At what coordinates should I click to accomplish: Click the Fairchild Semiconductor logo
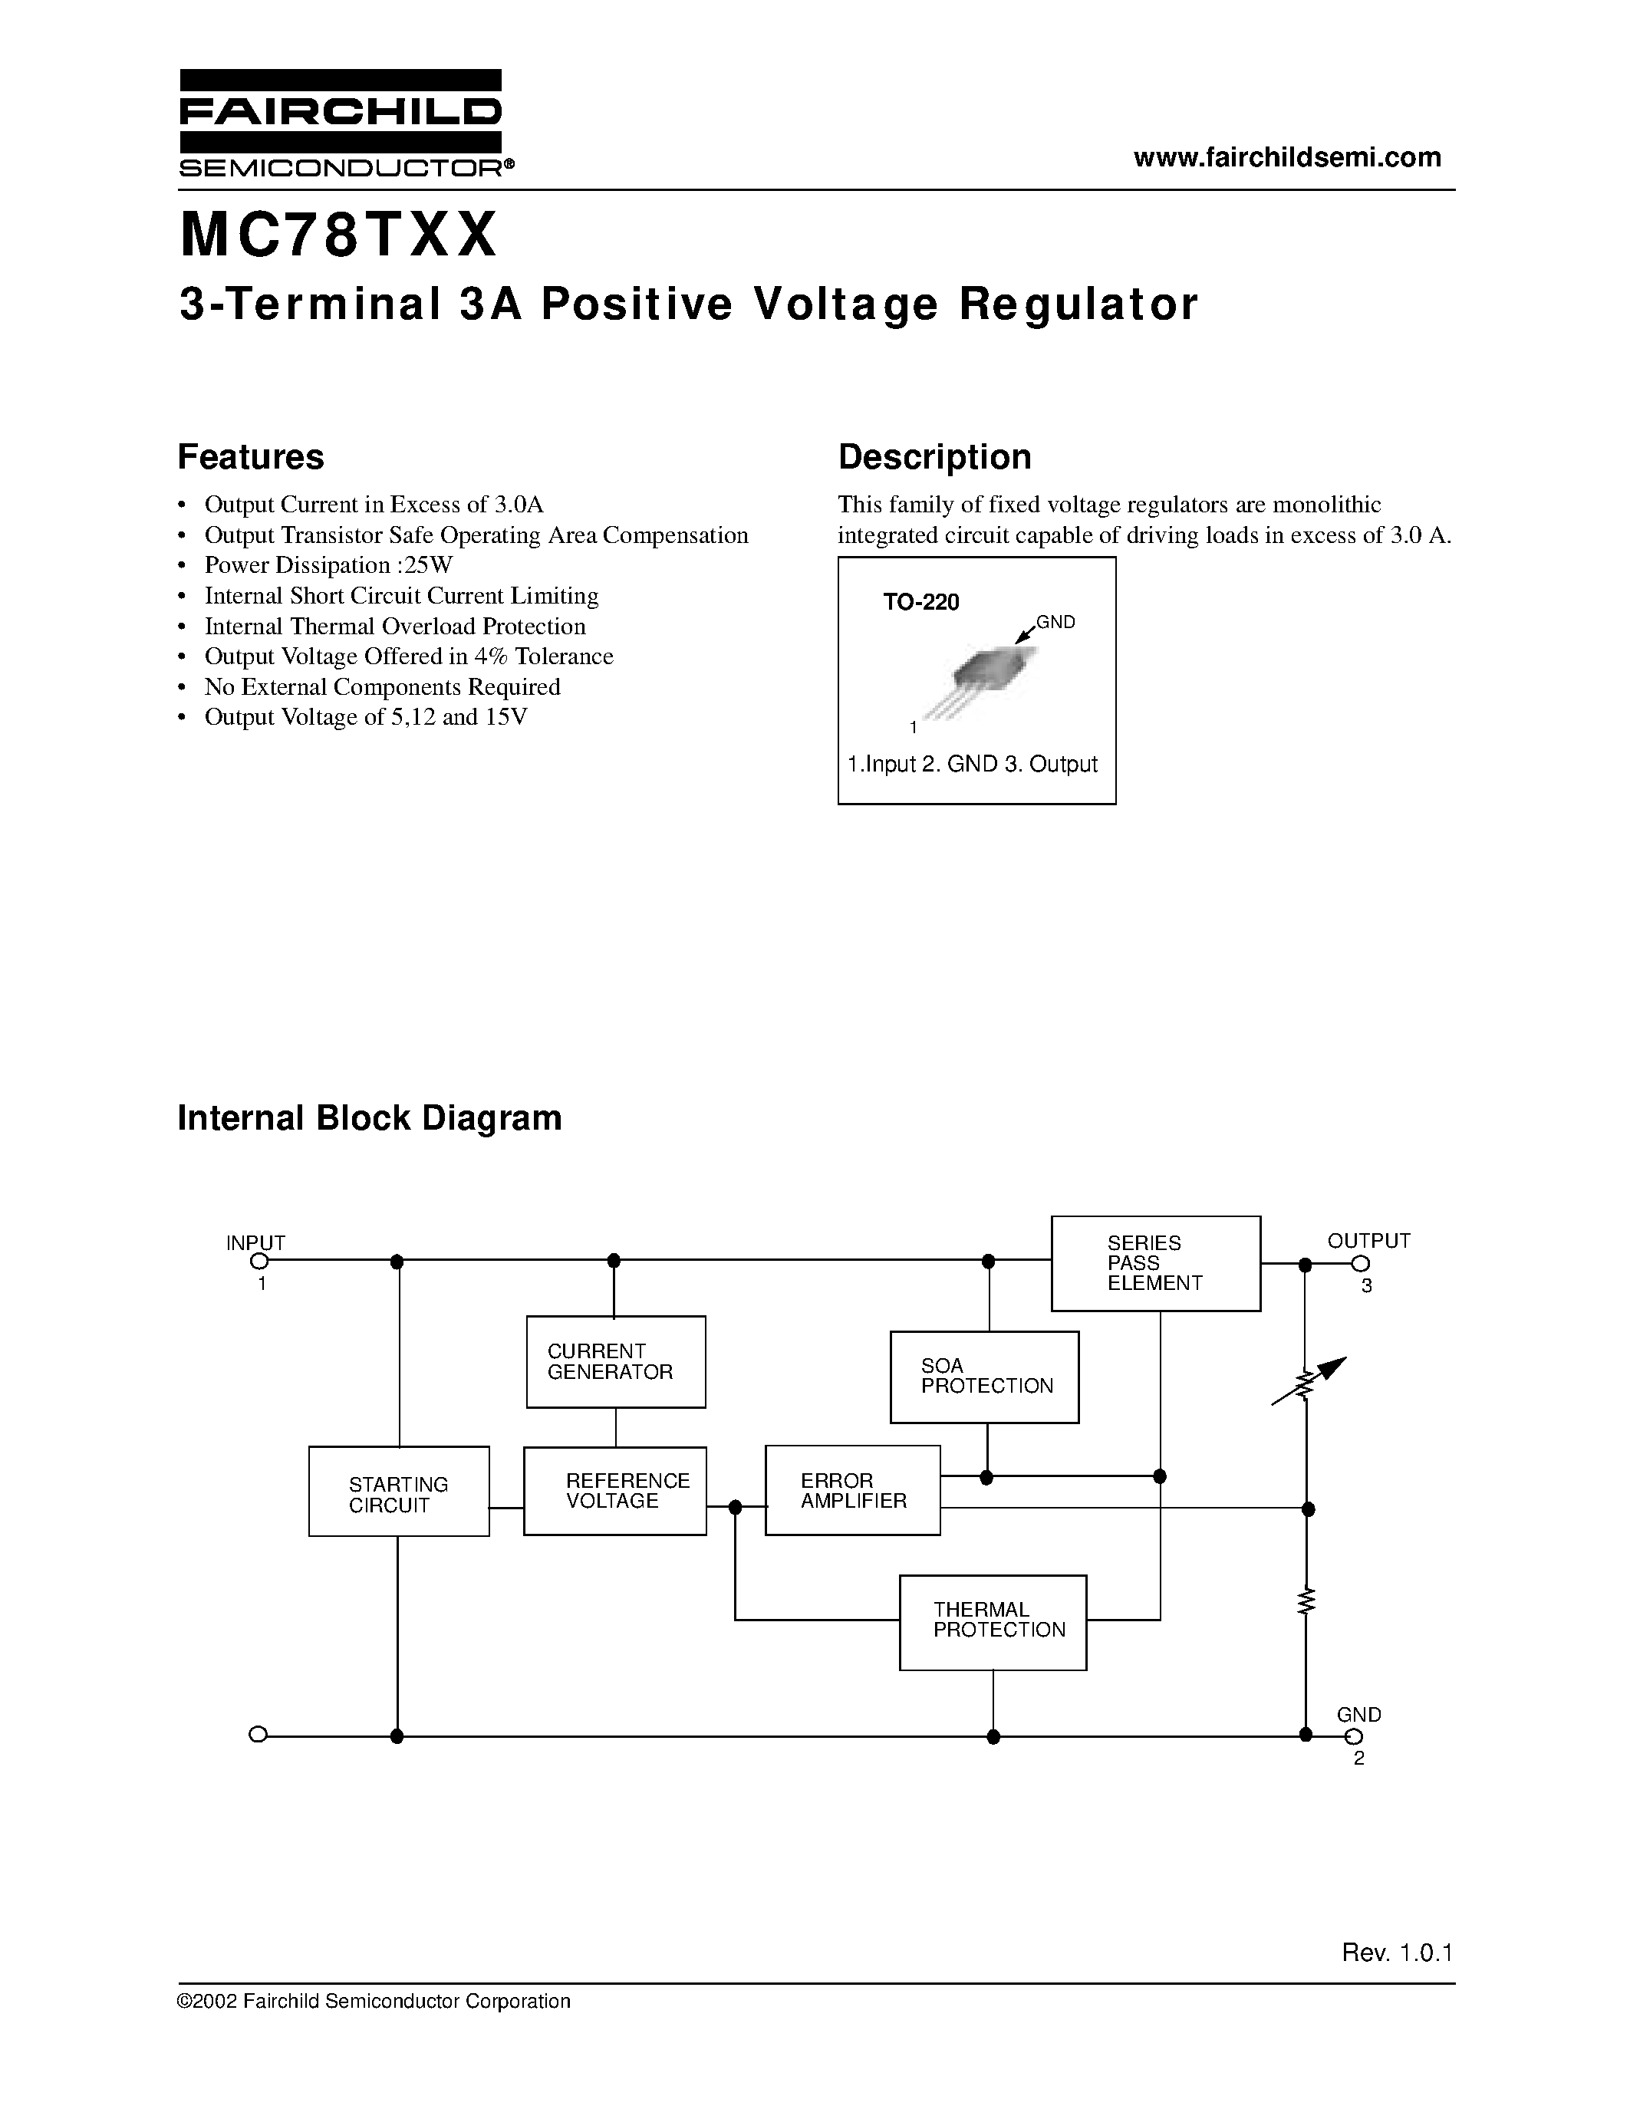(x=340, y=123)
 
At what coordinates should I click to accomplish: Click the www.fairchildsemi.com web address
(x=1286, y=157)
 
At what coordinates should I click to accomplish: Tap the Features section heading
(x=251, y=457)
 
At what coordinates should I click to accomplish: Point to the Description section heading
(x=934, y=457)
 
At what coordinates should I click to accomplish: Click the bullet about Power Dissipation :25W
(x=328, y=565)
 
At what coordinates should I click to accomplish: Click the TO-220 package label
(x=920, y=603)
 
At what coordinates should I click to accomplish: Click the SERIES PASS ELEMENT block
(x=1155, y=1263)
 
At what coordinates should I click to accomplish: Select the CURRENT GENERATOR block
(x=615, y=1361)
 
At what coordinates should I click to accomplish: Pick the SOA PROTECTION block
(x=984, y=1376)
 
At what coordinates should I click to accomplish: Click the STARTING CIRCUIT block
(x=398, y=1491)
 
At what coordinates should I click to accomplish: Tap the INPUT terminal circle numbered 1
(x=258, y=1261)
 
